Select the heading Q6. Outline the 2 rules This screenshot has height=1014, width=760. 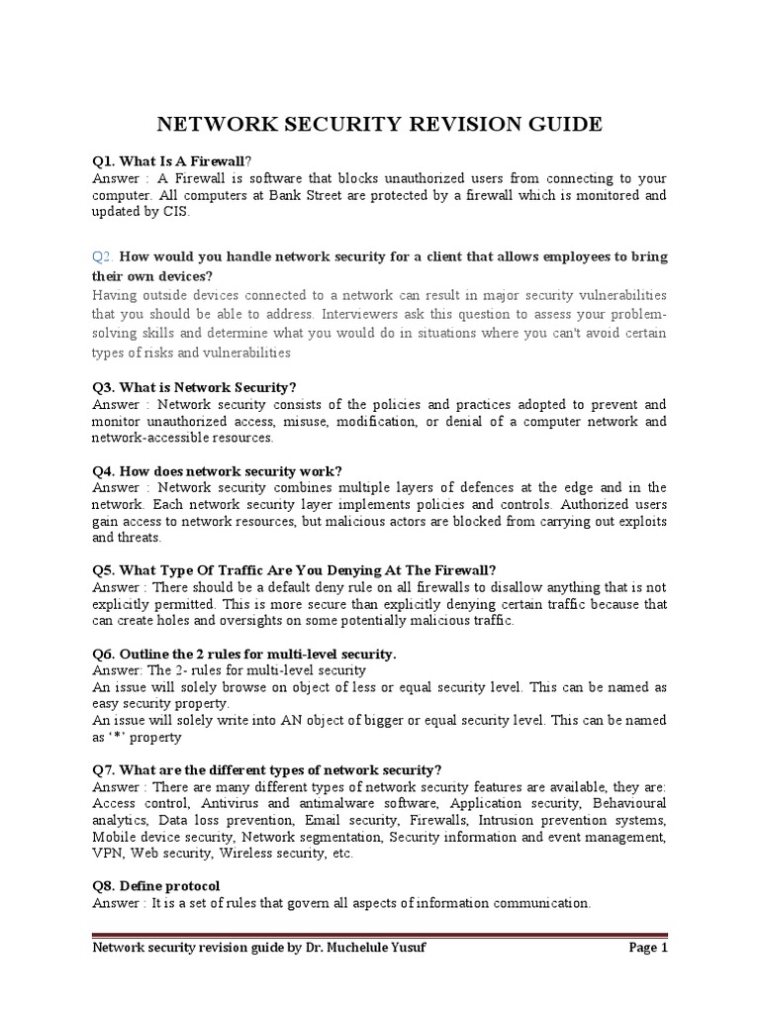[x=243, y=654]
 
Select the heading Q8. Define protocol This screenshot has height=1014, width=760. [x=155, y=885]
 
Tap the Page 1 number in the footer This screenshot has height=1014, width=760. [x=648, y=947]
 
